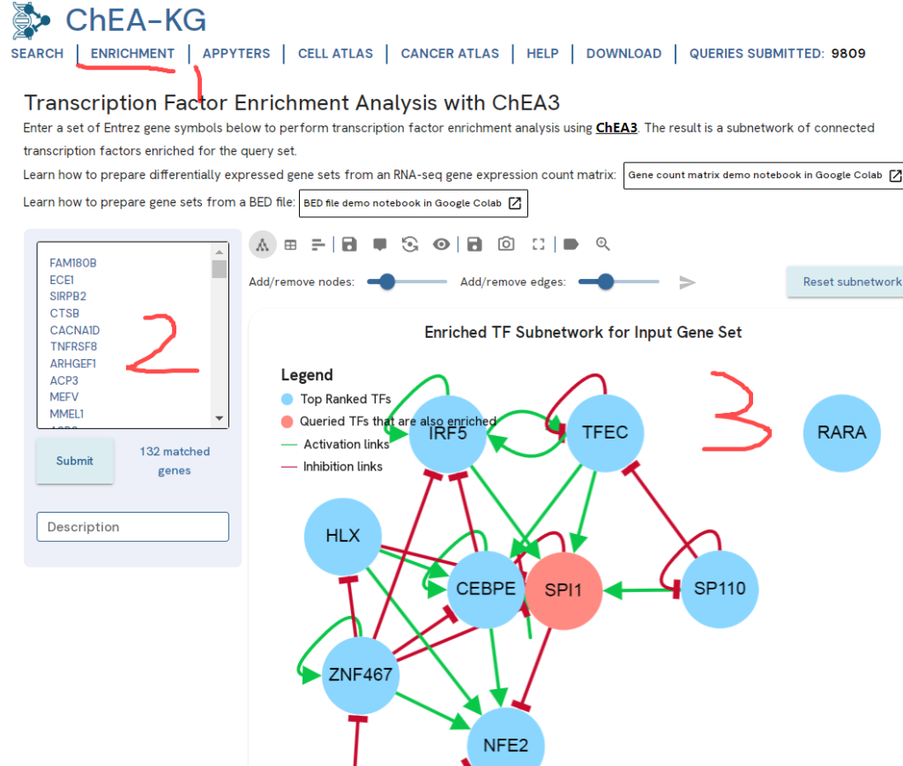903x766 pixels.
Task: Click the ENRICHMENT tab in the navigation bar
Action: click(x=132, y=54)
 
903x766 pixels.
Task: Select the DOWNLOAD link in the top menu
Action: click(x=623, y=54)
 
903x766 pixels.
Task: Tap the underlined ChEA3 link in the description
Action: click(x=616, y=128)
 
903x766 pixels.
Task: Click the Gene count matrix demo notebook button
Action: click(x=763, y=175)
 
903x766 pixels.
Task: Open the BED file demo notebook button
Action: click(x=413, y=203)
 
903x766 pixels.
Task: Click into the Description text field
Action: click(x=132, y=527)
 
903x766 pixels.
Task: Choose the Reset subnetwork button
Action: click(x=849, y=282)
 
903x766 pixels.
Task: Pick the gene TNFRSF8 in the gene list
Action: click(x=73, y=347)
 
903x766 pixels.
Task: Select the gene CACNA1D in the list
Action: click(x=74, y=330)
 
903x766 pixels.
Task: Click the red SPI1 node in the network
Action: click(x=563, y=590)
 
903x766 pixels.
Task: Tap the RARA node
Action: click(x=841, y=432)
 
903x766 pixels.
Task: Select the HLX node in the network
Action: click(x=342, y=536)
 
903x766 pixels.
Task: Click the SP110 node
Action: click(x=720, y=589)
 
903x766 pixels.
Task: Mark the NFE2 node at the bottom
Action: click(x=505, y=745)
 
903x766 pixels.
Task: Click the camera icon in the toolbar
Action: click(x=506, y=244)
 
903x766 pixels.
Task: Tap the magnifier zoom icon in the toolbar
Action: click(x=603, y=244)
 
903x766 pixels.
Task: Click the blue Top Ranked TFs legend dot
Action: click(x=287, y=399)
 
